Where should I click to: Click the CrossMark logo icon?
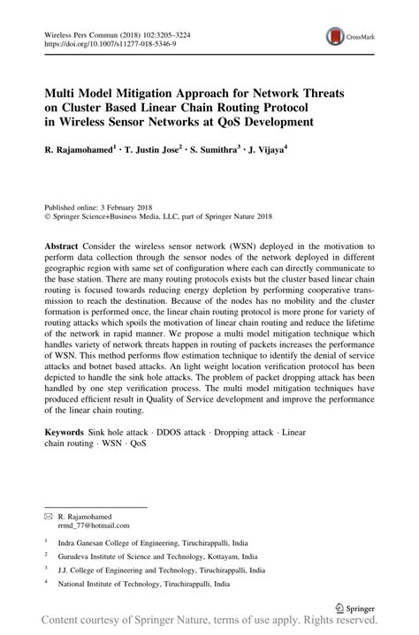click(x=335, y=36)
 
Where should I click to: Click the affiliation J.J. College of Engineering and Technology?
click(x=158, y=571)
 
